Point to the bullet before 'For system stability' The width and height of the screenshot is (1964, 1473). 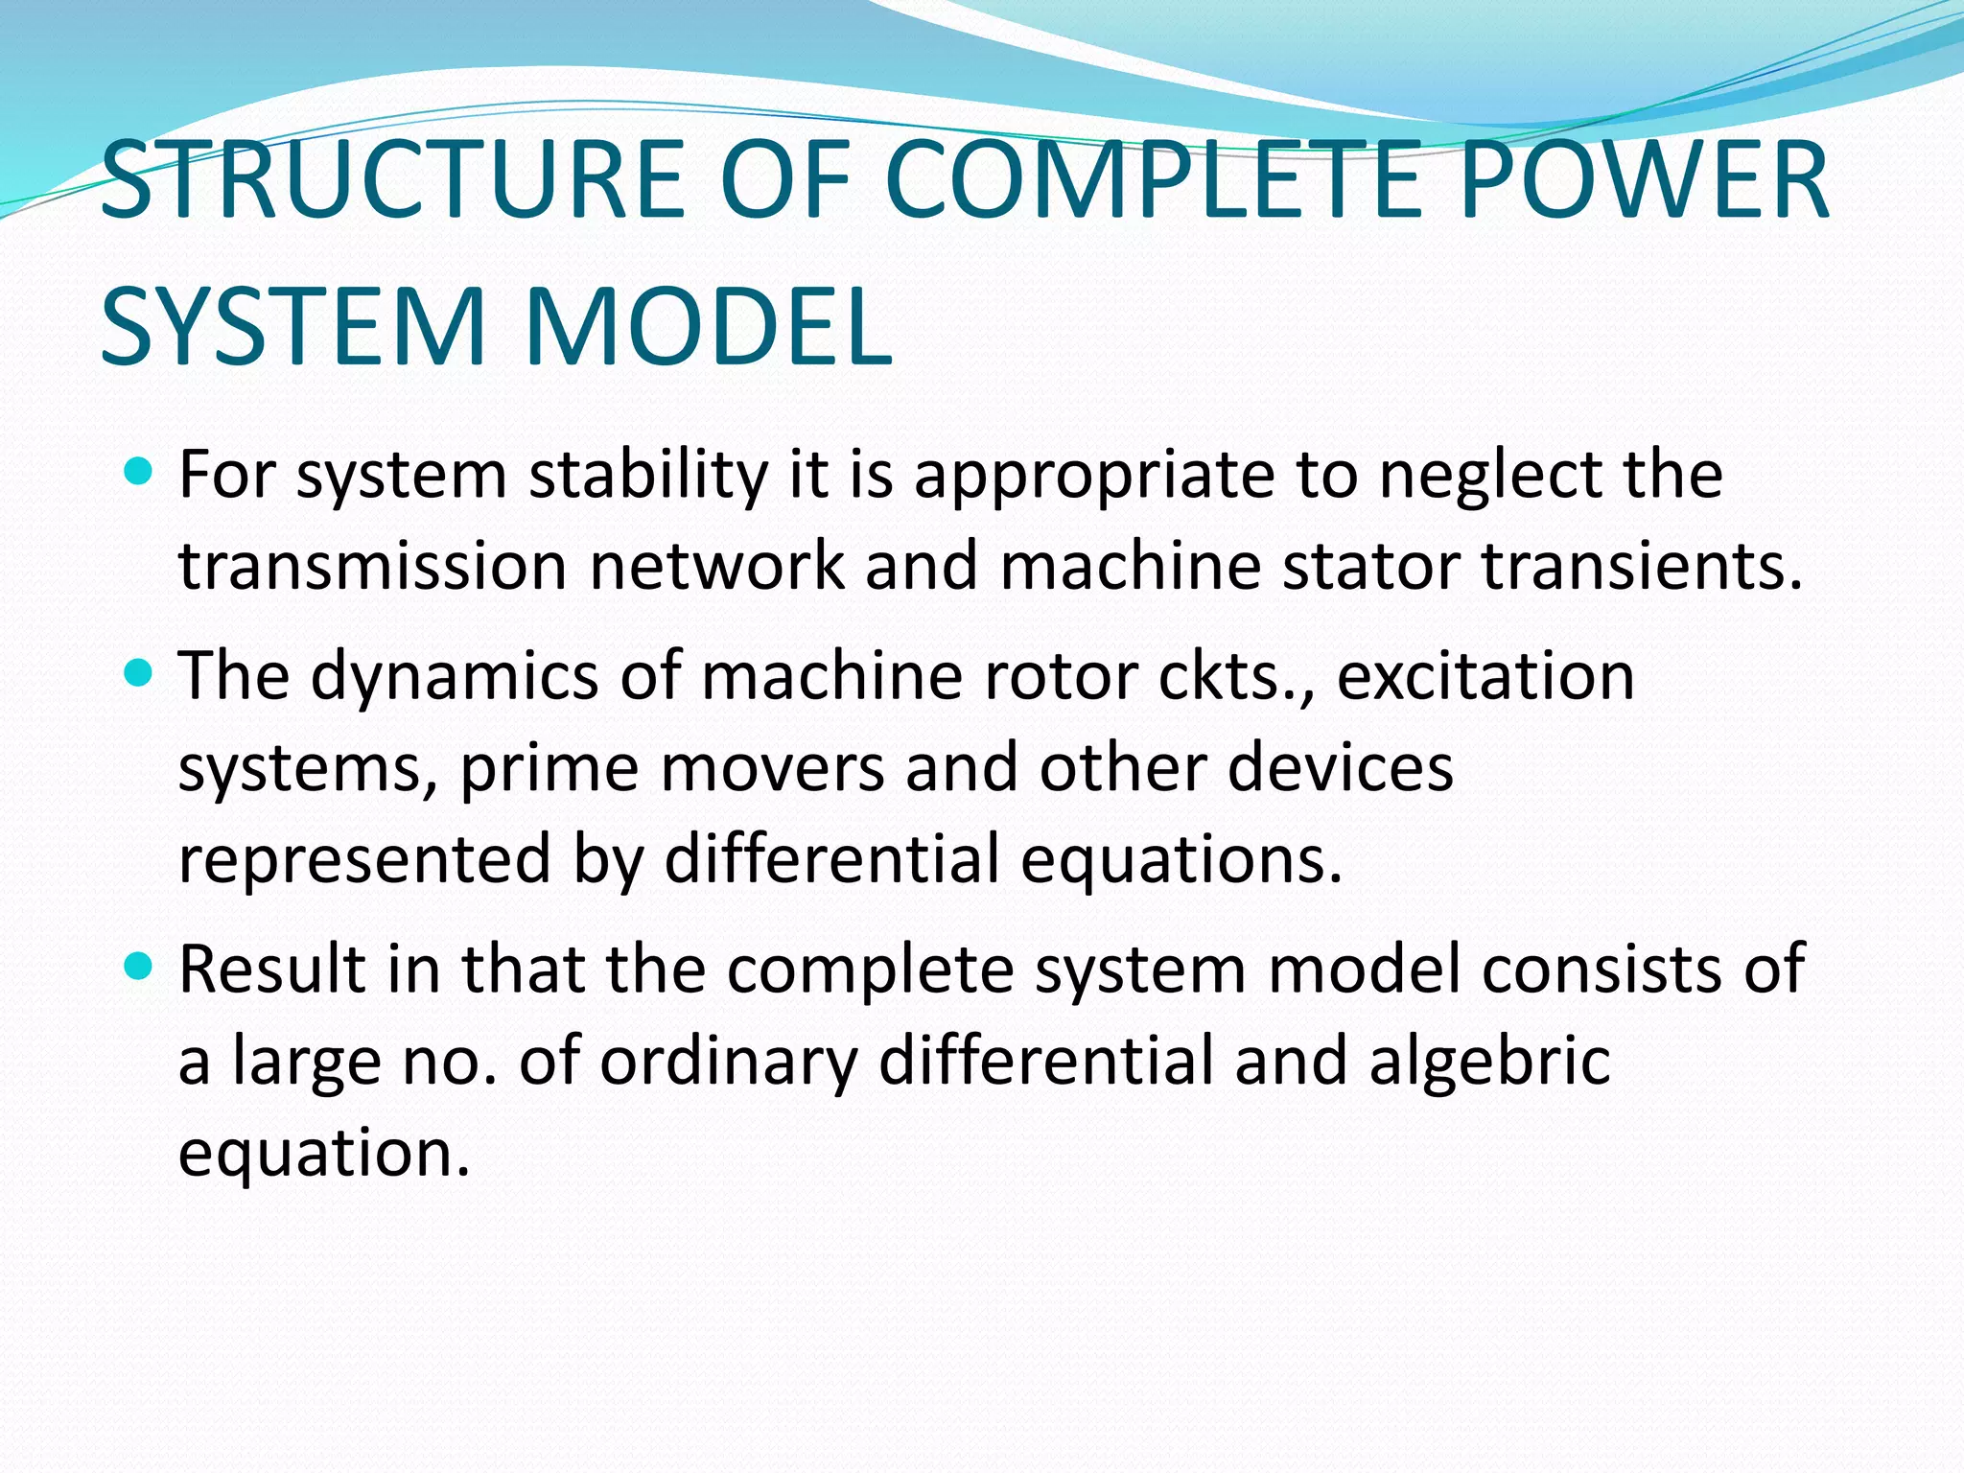(140, 471)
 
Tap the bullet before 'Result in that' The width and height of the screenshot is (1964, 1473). (140, 966)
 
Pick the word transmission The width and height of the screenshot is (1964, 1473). (373, 566)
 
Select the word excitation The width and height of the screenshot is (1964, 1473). (1485, 676)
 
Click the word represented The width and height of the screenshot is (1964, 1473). (364, 859)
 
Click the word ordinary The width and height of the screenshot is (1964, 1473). (729, 1061)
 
